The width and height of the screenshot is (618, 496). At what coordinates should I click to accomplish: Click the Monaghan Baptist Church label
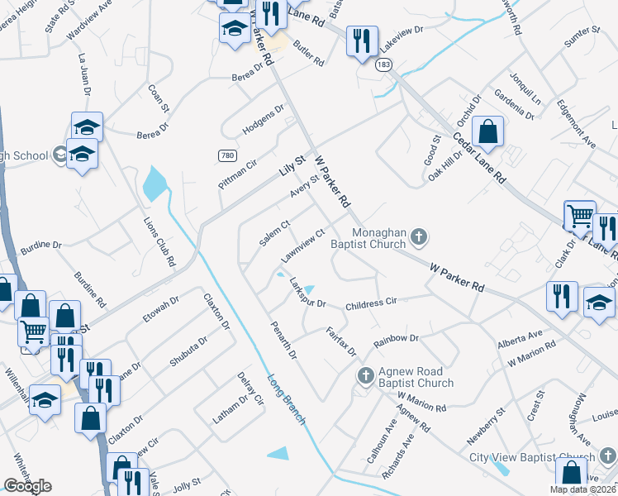(380, 238)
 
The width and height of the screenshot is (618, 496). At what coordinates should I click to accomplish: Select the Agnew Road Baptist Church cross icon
(365, 377)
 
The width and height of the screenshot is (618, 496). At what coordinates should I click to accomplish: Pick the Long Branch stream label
(286, 400)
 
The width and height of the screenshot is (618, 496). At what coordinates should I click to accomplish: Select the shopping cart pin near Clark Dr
(580, 216)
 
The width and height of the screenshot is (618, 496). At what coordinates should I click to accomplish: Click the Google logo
(28, 486)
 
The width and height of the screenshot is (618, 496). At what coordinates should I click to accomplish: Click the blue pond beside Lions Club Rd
(154, 184)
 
